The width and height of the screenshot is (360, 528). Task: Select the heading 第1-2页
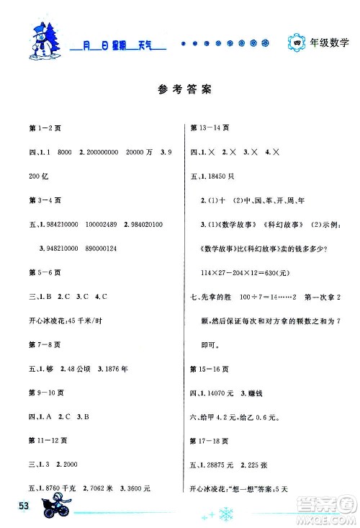37,127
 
